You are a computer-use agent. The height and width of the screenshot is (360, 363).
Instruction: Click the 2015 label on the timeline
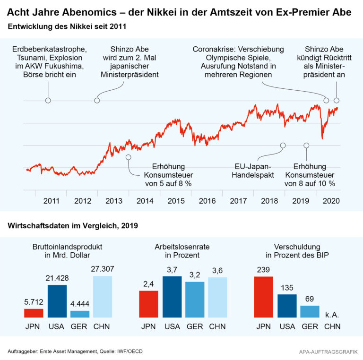pyautogui.click(x=176, y=201)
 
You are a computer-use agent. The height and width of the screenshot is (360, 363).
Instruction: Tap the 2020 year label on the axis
pyautogui.click(x=331, y=201)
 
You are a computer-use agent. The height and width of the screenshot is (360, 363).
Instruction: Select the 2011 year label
pyautogui.click(x=51, y=201)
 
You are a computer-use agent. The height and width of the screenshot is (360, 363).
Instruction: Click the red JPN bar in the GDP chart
pyautogui.click(x=34, y=313)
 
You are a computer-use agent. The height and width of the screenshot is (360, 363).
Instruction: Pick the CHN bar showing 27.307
pyautogui.click(x=103, y=296)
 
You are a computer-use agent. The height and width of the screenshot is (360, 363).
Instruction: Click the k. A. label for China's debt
pyautogui.click(x=332, y=314)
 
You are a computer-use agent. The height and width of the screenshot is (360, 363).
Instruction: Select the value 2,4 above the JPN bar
pyautogui.click(x=148, y=284)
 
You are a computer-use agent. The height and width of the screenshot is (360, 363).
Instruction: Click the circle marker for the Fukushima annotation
pyautogui.click(x=48, y=101)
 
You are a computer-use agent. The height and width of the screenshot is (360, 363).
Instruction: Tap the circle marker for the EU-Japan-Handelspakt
pyautogui.click(x=283, y=145)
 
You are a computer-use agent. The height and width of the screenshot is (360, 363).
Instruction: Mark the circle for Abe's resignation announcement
pyautogui.click(x=337, y=101)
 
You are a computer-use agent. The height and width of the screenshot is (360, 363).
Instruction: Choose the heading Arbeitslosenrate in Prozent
pyautogui.click(x=182, y=251)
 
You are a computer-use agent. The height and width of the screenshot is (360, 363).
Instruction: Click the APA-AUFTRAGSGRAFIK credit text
pyautogui.click(x=328, y=351)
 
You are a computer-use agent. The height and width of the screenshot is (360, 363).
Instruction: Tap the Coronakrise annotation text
pyautogui.click(x=238, y=62)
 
